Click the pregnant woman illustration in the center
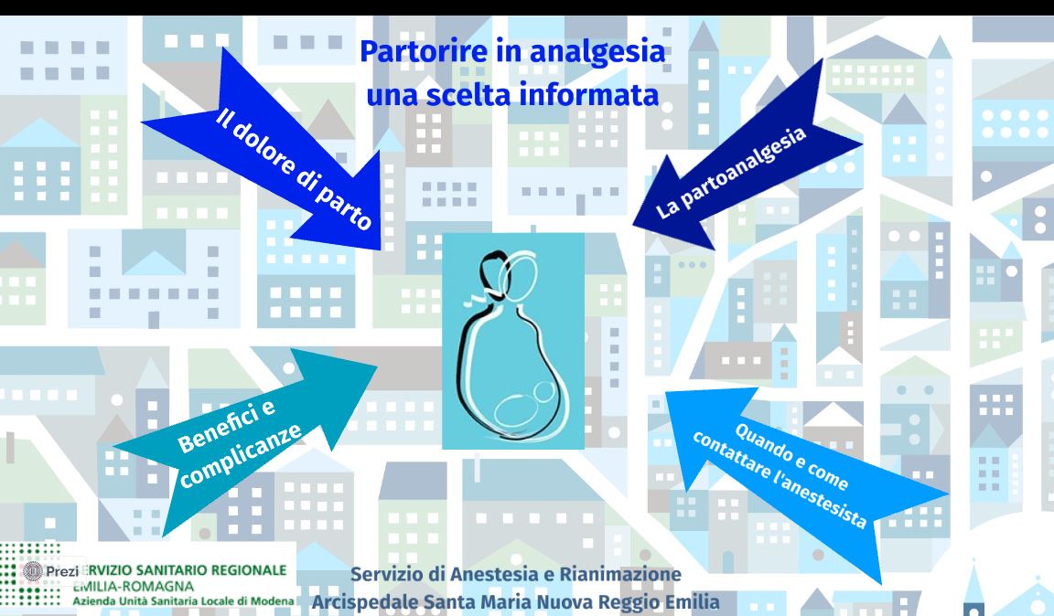513,341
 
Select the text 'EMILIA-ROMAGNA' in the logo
134,586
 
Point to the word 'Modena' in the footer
273,600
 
